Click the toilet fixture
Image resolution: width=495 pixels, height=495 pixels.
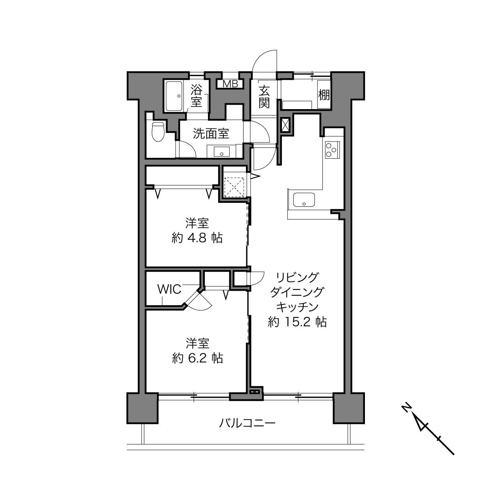pos(158,132)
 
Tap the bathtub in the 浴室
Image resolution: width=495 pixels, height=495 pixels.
pos(174,96)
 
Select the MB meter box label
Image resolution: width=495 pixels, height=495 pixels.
pos(230,84)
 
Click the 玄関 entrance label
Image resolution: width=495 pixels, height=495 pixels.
pos(264,97)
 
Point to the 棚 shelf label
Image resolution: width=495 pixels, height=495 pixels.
pos(324,95)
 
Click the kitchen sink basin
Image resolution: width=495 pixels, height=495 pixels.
pos(304,200)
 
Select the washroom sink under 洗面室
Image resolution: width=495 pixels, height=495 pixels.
pos(221,151)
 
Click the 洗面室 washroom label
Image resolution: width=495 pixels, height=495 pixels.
pos(211,134)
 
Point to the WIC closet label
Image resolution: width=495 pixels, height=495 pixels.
pos(169,289)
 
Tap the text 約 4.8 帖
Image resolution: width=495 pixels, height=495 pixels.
pos(197,238)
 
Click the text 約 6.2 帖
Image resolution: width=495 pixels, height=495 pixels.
pos(197,358)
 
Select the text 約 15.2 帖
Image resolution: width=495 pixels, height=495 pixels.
pos(297,322)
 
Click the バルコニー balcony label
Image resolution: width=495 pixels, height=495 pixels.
pos(247,423)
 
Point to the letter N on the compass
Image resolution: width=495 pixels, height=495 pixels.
pos(406,408)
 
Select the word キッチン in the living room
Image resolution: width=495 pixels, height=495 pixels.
pos(297,307)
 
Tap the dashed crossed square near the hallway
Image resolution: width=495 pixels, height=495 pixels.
pos(234,187)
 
